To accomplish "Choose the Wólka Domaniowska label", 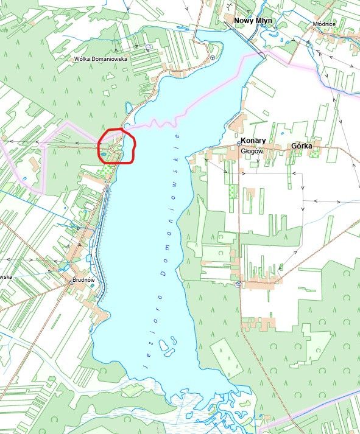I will [x=101, y=59].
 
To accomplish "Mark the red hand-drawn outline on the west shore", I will [x=116, y=146].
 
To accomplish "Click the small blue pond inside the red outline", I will [x=104, y=154].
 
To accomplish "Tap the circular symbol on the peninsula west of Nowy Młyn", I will [x=212, y=57].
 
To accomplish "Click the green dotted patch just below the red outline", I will [x=106, y=171].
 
